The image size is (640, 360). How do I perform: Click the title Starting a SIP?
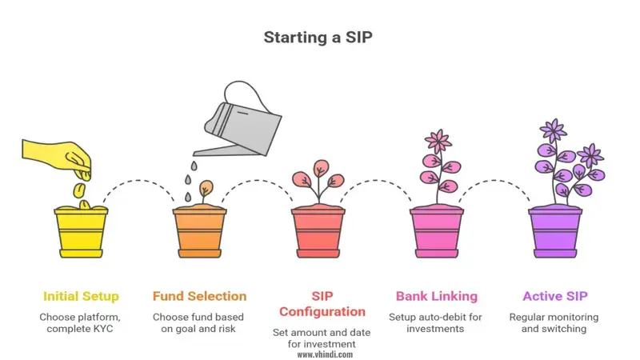tap(319, 38)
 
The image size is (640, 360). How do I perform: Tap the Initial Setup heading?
tap(80, 296)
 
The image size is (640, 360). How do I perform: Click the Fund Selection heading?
tap(199, 296)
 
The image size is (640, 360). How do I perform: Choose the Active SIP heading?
tap(555, 296)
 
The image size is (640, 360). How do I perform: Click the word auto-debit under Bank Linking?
tap(445, 317)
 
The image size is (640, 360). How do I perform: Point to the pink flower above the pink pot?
tap(438, 142)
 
